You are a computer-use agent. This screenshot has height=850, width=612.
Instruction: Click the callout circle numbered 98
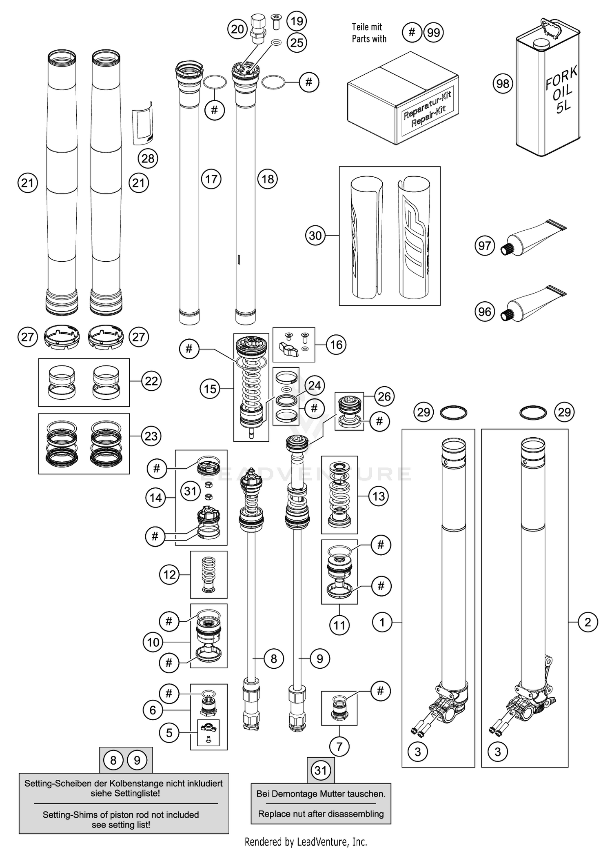pyautogui.click(x=503, y=84)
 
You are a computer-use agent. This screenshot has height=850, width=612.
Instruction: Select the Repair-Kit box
pyautogui.click(x=402, y=100)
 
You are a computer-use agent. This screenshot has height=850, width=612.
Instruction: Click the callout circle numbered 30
pyautogui.click(x=315, y=236)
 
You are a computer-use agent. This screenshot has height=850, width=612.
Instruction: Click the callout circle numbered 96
pyautogui.click(x=484, y=312)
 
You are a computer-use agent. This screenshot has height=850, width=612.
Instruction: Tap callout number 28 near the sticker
pyautogui.click(x=148, y=158)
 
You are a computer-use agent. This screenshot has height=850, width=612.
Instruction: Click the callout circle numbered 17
pyautogui.click(x=211, y=179)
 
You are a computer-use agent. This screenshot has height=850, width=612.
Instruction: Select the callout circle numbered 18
pyautogui.click(x=268, y=179)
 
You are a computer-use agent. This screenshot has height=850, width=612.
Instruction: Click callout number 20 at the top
pyautogui.click(x=237, y=29)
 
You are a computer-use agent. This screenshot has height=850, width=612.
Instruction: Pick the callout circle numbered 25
pyautogui.click(x=297, y=42)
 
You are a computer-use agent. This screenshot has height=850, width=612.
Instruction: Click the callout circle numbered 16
pyautogui.click(x=336, y=345)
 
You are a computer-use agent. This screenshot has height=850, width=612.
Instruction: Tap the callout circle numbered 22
pyautogui.click(x=151, y=381)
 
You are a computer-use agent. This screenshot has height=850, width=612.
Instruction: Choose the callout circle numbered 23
pyautogui.click(x=151, y=436)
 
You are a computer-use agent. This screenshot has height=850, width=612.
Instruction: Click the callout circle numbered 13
pyautogui.click(x=379, y=496)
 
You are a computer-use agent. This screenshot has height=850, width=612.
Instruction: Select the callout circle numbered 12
pyautogui.click(x=169, y=575)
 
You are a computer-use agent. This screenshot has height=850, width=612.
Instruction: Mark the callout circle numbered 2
pyautogui.click(x=588, y=622)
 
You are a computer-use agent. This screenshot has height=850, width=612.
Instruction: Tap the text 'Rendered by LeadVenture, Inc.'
pyautogui.click(x=306, y=841)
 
